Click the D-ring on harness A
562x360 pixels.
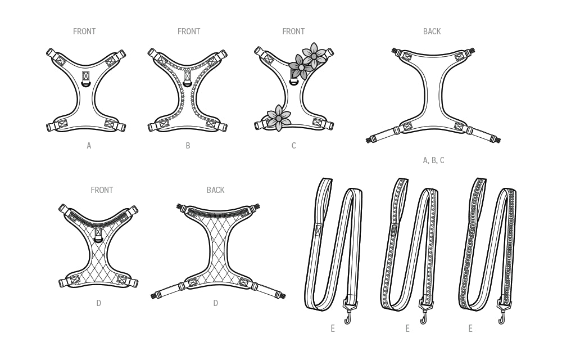(86, 84)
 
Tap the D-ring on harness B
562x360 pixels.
(188, 85)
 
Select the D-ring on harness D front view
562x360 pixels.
(99, 238)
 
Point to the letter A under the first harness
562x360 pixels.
(89, 146)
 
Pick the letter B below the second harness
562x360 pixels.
(188, 146)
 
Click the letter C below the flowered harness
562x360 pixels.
(293, 146)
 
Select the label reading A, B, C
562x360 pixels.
(433, 160)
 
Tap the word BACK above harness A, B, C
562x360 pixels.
(432, 31)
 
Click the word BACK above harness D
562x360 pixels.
(215, 190)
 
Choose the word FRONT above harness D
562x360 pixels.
(102, 190)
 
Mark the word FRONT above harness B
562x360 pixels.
(189, 31)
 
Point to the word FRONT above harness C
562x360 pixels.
(293, 31)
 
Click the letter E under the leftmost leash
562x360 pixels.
(333, 328)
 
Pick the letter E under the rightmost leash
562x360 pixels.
(470, 328)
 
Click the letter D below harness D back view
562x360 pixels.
(215, 303)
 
